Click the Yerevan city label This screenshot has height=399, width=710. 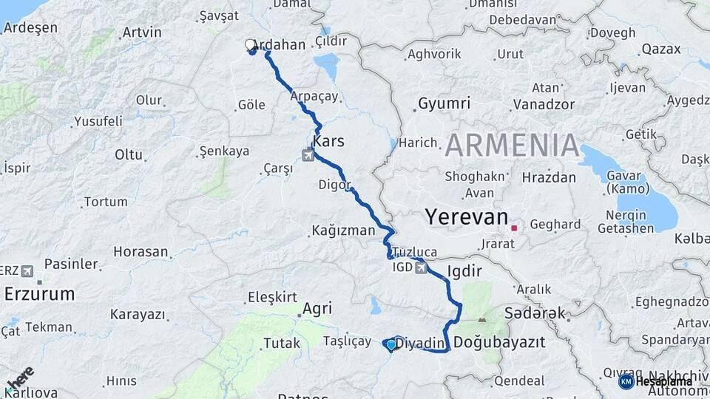tap(466, 217)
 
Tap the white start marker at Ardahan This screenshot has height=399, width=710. tap(250, 45)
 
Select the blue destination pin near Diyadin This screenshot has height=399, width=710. tap(390, 344)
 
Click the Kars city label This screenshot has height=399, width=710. tap(328, 140)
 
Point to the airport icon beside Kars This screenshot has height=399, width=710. tap(308, 155)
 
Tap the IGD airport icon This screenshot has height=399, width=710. tap(422, 267)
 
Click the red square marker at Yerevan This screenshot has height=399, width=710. tap(514, 228)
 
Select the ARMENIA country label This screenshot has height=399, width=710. tap(512, 145)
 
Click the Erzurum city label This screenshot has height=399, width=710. tap(39, 294)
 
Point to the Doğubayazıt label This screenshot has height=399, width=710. tap(499, 343)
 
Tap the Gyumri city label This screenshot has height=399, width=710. tap(444, 103)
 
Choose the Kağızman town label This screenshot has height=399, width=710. tap(342, 231)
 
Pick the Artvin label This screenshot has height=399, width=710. tap(142, 33)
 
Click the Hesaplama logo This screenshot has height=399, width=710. tap(657, 381)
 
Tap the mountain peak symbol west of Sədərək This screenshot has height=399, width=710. tap(483, 320)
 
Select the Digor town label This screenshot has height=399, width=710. tap(333, 184)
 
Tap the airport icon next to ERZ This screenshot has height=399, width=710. tap(29, 270)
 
